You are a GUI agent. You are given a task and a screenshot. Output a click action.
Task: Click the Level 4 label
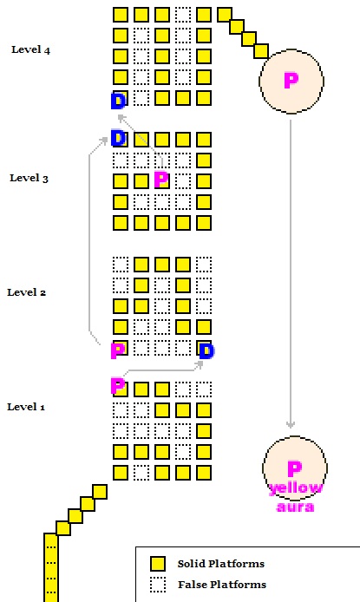(x=30, y=50)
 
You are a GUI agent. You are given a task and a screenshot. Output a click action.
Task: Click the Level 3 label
(x=29, y=178)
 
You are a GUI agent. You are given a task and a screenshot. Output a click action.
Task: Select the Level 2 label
(x=27, y=292)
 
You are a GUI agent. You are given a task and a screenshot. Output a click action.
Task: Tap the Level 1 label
(x=26, y=407)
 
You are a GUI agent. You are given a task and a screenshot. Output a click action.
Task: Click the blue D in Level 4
(x=118, y=101)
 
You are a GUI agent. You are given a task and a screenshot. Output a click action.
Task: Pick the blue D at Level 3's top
(x=118, y=138)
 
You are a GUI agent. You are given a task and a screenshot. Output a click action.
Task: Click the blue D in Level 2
(x=206, y=351)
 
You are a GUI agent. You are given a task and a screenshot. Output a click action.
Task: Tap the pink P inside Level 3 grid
(x=161, y=180)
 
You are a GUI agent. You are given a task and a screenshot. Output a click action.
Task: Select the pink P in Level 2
(x=117, y=350)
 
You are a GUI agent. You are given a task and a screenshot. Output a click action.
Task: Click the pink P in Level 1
(x=117, y=386)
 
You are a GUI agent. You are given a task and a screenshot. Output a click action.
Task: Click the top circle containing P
(x=291, y=82)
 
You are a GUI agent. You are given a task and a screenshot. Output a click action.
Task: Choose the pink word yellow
(x=296, y=488)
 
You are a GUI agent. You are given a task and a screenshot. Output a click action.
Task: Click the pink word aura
(x=295, y=507)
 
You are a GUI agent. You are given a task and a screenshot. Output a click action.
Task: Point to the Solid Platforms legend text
(x=220, y=564)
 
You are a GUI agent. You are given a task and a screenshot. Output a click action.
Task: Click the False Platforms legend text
(x=222, y=585)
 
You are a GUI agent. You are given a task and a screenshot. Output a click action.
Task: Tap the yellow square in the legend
(x=158, y=564)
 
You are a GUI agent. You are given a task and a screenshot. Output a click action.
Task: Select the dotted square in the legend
(x=158, y=585)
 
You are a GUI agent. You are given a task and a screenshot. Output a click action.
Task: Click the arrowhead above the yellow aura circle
(x=291, y=424)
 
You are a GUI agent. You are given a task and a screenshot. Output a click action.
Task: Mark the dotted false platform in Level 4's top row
(x=183, y=15)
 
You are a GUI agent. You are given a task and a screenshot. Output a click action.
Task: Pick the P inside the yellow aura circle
(x=294, y=468)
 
